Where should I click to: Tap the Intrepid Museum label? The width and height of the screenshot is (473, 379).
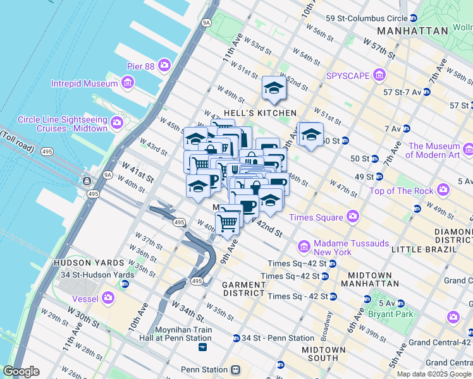click(x=93, y=83)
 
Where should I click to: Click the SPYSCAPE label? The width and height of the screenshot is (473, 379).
click(x=347, y=76)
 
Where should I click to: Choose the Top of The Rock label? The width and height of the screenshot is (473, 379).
click(x=401, y=191)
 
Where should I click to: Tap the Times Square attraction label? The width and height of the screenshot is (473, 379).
click(x=316, y=217)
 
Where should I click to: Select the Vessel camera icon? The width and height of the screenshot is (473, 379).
click(x=108, y=297)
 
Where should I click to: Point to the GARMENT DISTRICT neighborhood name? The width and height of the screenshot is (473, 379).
click(x=243, y=289)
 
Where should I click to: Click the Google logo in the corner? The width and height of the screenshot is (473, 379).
click(x=21, y=371)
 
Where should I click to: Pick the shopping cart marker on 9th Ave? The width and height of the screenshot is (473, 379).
click(x=228, y=222)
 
